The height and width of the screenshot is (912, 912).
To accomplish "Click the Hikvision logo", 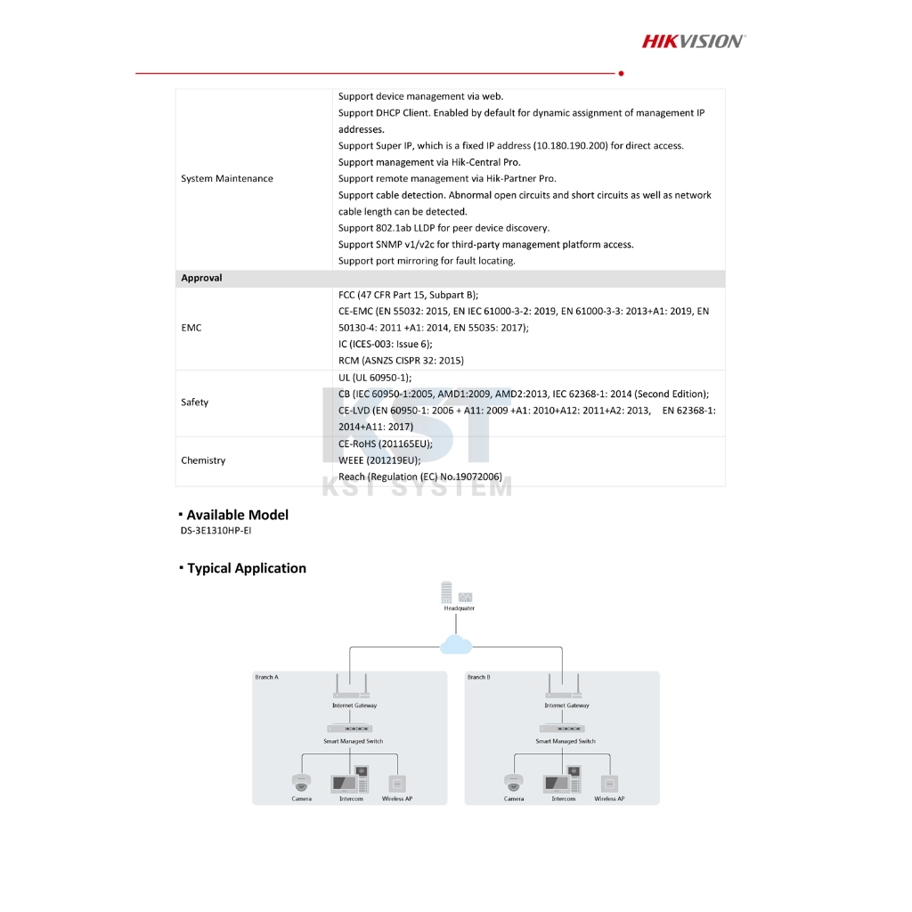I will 694,40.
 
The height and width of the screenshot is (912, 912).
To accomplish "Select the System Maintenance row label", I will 226,179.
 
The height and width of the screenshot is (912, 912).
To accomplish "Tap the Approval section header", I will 201,279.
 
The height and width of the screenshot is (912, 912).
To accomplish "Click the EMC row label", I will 191,328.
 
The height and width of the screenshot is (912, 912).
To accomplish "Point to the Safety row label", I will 194,403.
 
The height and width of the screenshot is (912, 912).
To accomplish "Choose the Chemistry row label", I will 203,460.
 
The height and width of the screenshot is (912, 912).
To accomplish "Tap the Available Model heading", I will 237,515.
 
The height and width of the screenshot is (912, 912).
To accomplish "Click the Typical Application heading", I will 246,568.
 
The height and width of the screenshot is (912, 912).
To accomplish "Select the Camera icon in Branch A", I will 301,783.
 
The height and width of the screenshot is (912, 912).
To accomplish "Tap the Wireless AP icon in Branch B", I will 609,784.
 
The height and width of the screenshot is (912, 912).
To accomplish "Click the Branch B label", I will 478,678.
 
